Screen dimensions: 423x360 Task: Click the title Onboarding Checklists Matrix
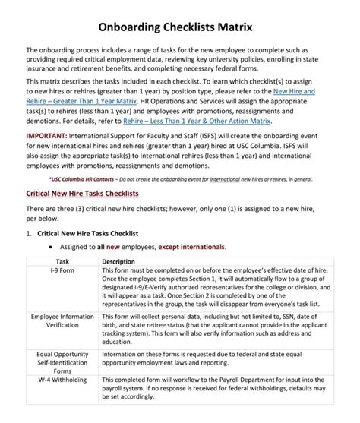(180, 27)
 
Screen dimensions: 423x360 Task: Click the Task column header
(62, 261)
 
